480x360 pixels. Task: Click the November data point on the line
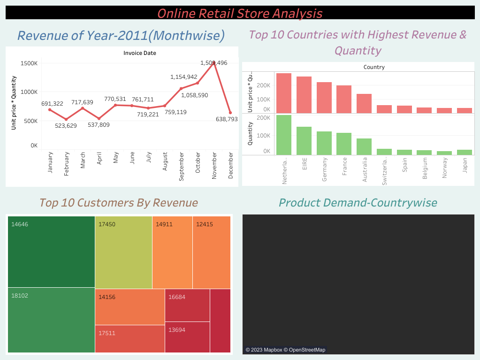click(214, 62)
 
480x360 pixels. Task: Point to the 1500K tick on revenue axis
click(29, 63)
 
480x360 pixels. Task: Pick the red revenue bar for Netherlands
click(284, 93)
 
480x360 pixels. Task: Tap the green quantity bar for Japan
click(465, 152)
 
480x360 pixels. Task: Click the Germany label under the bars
click(324, 167)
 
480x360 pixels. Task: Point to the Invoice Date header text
click(140, 53)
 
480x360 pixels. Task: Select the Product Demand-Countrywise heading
click(358, 203)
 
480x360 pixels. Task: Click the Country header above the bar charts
click(374, 67)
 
